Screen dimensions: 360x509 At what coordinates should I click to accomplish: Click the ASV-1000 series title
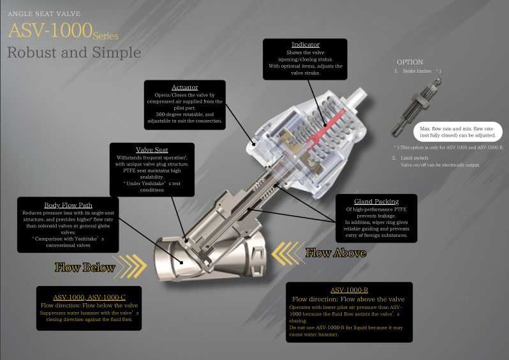62,31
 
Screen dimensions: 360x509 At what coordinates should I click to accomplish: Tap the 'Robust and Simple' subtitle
74,52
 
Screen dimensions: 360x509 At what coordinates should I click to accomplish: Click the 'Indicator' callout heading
306,45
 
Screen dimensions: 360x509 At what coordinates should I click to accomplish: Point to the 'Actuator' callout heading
184,87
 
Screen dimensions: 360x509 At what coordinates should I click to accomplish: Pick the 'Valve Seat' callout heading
152,150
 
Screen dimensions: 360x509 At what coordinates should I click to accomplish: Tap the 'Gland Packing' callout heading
376,202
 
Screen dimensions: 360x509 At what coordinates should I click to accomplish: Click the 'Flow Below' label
85,267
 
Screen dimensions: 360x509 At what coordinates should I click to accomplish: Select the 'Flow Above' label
336,253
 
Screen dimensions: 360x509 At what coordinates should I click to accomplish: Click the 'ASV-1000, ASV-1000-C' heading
89,297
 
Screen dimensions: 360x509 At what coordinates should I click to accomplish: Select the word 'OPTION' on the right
409,62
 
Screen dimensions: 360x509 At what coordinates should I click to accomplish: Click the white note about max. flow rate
457,131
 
